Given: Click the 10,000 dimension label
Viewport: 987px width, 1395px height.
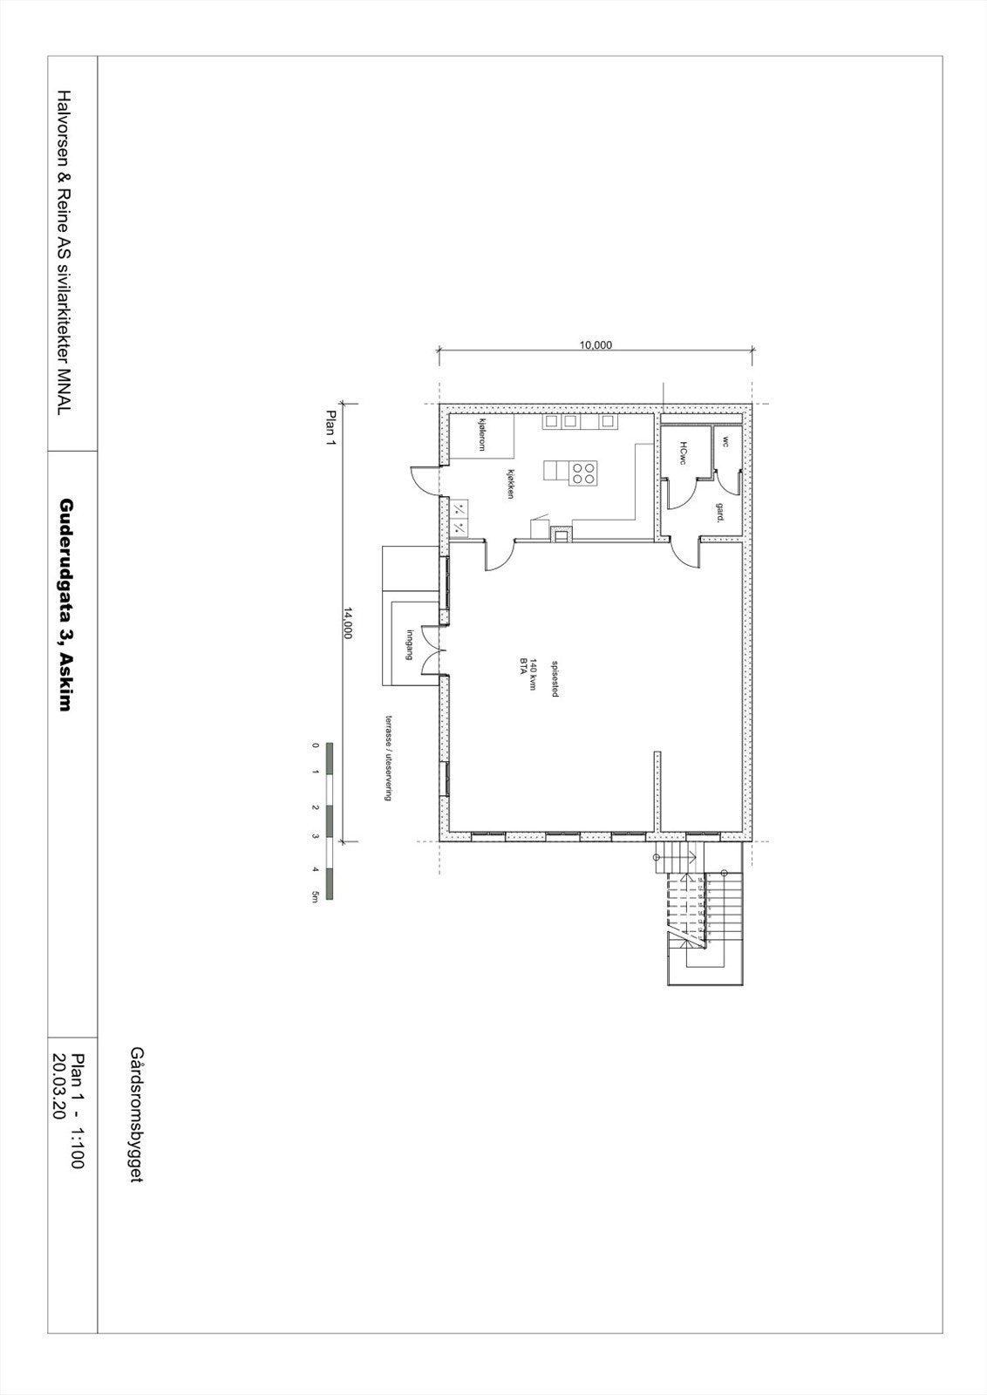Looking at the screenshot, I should [596, 344].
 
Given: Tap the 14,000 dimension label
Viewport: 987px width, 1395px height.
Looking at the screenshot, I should [346, 623].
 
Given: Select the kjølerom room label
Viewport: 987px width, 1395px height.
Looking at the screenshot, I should [480, 433].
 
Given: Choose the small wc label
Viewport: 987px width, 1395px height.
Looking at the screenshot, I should [725, 441].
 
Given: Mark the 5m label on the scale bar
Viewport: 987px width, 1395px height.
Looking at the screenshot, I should [314, 898].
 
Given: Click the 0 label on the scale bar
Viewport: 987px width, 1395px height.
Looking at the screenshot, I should [314, 746].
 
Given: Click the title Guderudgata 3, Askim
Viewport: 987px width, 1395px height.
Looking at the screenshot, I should [65, 604].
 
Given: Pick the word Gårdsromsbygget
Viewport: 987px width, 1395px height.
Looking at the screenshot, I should [134, 1115].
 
